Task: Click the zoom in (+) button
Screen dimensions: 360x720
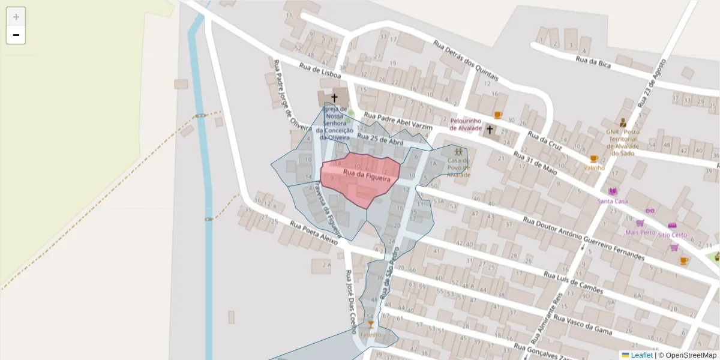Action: pyautogui.click(x=16, y=17)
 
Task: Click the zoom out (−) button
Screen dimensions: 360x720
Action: pyautogui.click(x=16, y=35)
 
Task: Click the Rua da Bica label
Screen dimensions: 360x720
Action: pyautogui.click(x=593, y=59)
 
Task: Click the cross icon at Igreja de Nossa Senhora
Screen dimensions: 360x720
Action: pyautogui.click(x=334, y=97)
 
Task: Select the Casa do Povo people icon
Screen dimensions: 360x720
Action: pyautogui.click(x=459, y=151)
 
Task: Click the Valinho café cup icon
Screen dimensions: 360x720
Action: pyautogui.click(x=594, y=159)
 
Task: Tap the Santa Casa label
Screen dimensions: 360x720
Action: pyautogui.click(x=613, y=201)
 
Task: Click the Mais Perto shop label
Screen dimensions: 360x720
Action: pyautogui.click(x=640, y=232)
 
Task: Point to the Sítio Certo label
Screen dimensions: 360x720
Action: pyautogui.click(x=672, y=235)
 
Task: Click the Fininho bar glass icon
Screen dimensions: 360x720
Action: pyautogui.click(x=371, y=325)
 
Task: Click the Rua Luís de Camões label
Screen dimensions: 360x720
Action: pyautogui.click(x=573, y=281)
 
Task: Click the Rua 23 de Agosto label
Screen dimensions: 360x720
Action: pyautogui.click(x=653, y=83)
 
